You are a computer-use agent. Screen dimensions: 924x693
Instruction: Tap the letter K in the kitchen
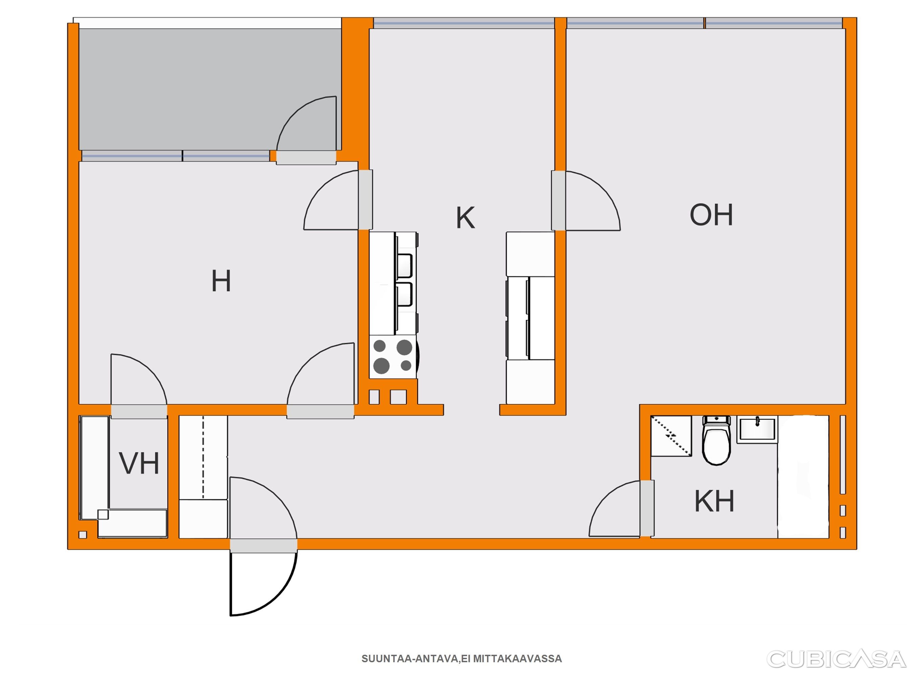465,218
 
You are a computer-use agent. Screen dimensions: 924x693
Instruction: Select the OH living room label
711,215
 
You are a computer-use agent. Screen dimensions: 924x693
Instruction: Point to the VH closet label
139,463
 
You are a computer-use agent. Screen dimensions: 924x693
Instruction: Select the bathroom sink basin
757,429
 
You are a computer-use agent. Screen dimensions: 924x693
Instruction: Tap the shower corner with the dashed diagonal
671,436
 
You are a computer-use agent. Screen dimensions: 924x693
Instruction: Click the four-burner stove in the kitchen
393,356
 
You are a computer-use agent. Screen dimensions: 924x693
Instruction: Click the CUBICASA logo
837,659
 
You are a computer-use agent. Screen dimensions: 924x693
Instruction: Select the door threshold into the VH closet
139,411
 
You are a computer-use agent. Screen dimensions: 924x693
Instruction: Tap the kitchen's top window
464,23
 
